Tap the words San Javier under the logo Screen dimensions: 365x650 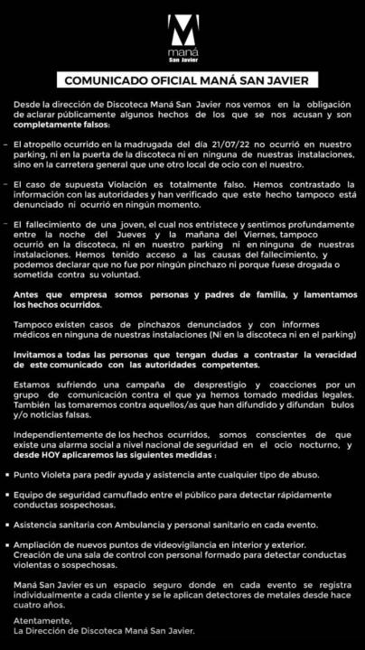click(x=182, y=63)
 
